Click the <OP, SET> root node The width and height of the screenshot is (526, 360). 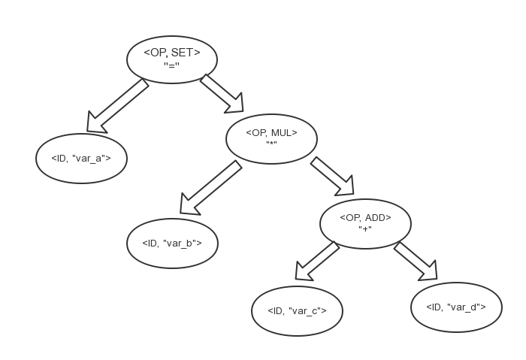(x=172, y=59)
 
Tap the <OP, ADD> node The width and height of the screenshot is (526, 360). (x=365, y=222)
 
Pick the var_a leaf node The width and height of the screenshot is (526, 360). (x=81, y=159)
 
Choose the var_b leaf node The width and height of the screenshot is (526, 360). (x=172, y=243)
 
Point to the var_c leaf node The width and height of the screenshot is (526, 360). (x=297, y=310)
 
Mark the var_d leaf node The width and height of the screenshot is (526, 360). (x=455, y=307)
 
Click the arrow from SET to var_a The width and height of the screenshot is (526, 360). (x=116, y=106)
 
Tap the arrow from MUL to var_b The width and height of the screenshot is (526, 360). (x=210, y=189)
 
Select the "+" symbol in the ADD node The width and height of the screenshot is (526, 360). (x=366, y=229)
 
